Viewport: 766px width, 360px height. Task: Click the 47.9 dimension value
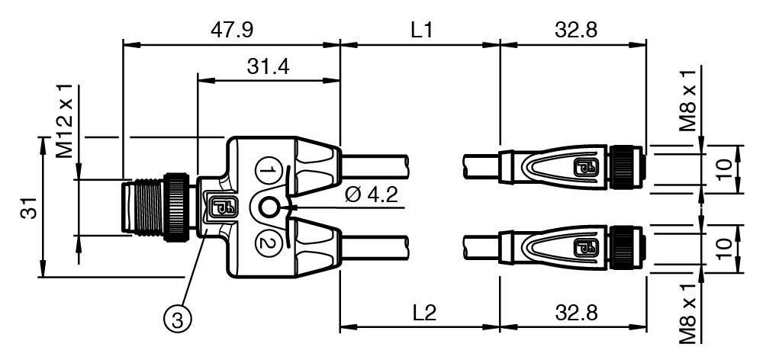click(232, 31)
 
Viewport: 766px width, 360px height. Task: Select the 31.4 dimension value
click(268, 66)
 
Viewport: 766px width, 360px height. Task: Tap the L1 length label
click(422, 31)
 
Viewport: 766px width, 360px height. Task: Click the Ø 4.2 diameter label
click(371, 195)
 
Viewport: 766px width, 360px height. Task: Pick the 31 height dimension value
click(29, 208)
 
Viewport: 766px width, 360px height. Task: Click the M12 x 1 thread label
click(64, 121)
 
